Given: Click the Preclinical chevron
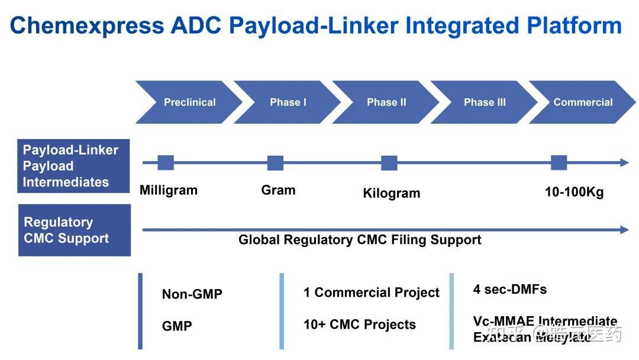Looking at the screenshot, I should coord(189,102).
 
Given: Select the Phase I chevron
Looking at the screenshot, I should coord(288,102).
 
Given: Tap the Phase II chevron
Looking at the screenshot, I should coord(386,102).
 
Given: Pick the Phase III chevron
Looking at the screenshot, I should coord(484,102).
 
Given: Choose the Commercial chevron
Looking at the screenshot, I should coord(583,102).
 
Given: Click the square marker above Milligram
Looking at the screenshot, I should coord(166,163).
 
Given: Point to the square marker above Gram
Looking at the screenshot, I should coord(275,163).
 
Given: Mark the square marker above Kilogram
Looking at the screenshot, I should coord(389,163).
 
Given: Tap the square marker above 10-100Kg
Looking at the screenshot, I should coord(559,163).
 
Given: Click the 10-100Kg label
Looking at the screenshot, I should coord(574,192).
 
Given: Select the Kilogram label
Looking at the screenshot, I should coord(391,193).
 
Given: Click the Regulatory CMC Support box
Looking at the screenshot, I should coord(75,230).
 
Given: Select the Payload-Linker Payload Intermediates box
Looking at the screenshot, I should coord(74,166).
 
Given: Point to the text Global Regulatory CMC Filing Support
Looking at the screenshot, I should coord(360,240).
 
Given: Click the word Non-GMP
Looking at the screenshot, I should coord(192,294).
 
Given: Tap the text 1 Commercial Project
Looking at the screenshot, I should coord(372,292).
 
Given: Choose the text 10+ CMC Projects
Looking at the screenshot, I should coord(360,324).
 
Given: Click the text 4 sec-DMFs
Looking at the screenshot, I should coord(509,290).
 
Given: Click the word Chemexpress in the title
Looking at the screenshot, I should coord(87,25).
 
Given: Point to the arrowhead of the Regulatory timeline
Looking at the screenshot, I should coord(624,230).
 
